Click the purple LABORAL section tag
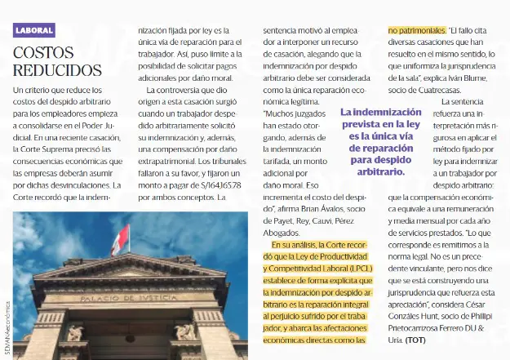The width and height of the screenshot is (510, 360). pos(35,30)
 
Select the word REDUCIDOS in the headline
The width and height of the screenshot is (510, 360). pos(57,70)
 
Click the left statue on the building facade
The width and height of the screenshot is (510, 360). pos(75,332)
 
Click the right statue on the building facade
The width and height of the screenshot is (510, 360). pos(185,331)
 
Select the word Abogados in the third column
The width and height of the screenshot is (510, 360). pos(282,233)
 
